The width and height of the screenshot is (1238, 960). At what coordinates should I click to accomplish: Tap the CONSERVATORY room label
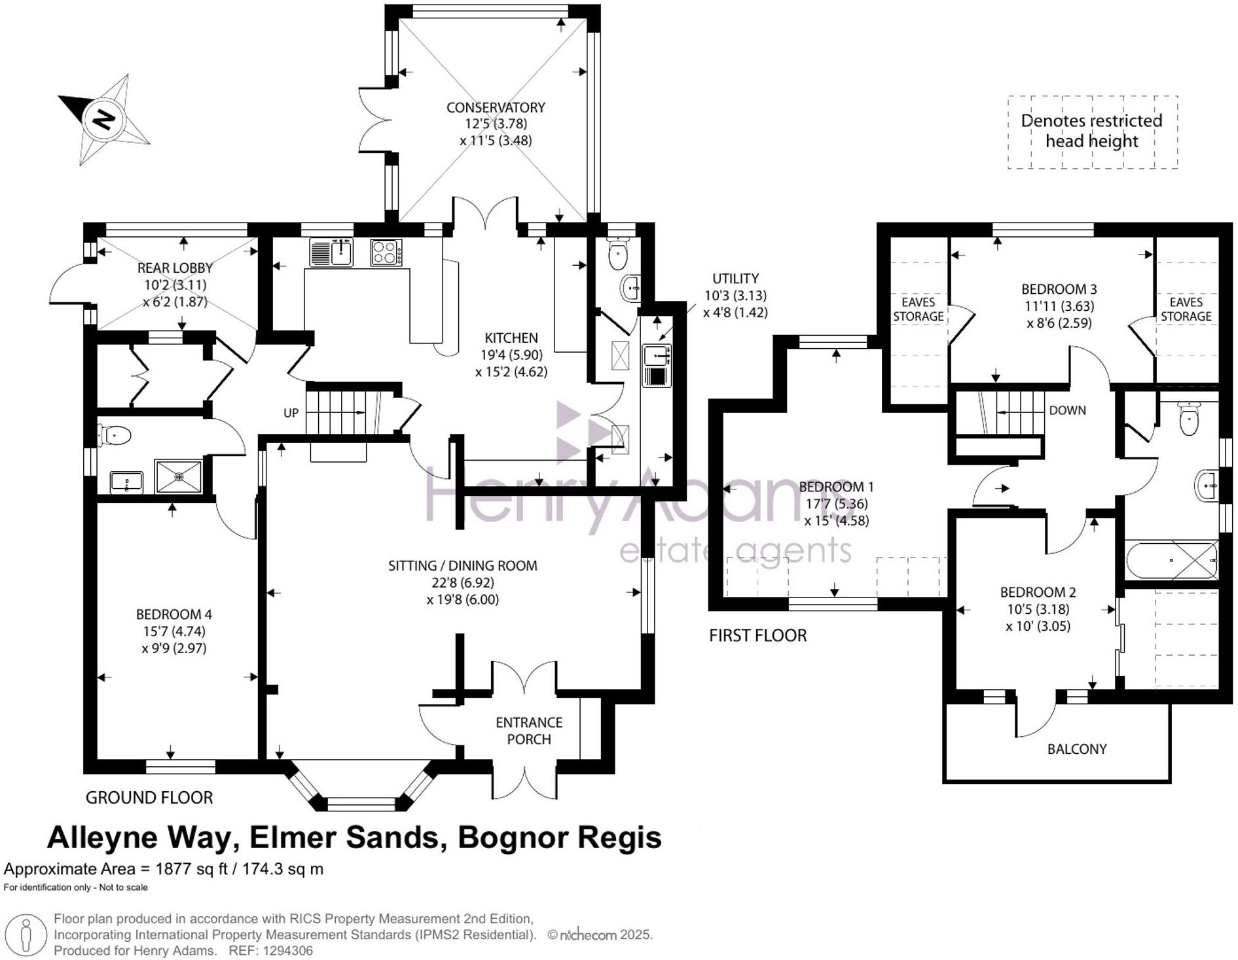(x=496, y=107)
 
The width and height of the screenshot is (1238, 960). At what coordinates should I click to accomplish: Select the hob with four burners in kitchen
(x=386, y=253)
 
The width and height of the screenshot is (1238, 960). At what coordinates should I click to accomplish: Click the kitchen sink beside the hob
(x=331, y=253)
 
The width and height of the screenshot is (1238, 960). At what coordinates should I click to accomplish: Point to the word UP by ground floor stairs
(x=291, y=413)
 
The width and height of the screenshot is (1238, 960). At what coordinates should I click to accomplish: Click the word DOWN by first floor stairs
(x=1067, y=410)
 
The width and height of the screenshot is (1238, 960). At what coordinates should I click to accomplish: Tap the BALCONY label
(x=1076, y=749)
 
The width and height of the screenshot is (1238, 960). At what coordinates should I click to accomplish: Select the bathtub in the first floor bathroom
(x=1171, y=560)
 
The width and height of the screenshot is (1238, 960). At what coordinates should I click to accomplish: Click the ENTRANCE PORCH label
(x=528, y=730)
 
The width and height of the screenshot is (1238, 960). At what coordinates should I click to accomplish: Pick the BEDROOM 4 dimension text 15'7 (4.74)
(x=174, y=631)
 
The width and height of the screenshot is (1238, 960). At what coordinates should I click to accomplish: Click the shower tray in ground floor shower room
(x=179, y=476)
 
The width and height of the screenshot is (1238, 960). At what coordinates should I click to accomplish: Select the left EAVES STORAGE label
(x=918, y=309)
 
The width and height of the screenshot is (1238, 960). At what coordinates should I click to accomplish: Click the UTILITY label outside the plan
(x=735, y=279)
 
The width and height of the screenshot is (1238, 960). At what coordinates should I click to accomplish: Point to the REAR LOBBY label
(x=175, y=268)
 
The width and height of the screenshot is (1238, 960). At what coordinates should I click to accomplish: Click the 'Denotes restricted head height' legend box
(x=1091, y=132)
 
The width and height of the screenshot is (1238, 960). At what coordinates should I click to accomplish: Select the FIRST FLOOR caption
(x=757, y=635)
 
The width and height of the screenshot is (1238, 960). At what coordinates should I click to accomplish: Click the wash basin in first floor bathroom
(x=1207, y=486)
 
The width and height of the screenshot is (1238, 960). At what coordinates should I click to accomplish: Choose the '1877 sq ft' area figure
(x=191, y=869)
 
